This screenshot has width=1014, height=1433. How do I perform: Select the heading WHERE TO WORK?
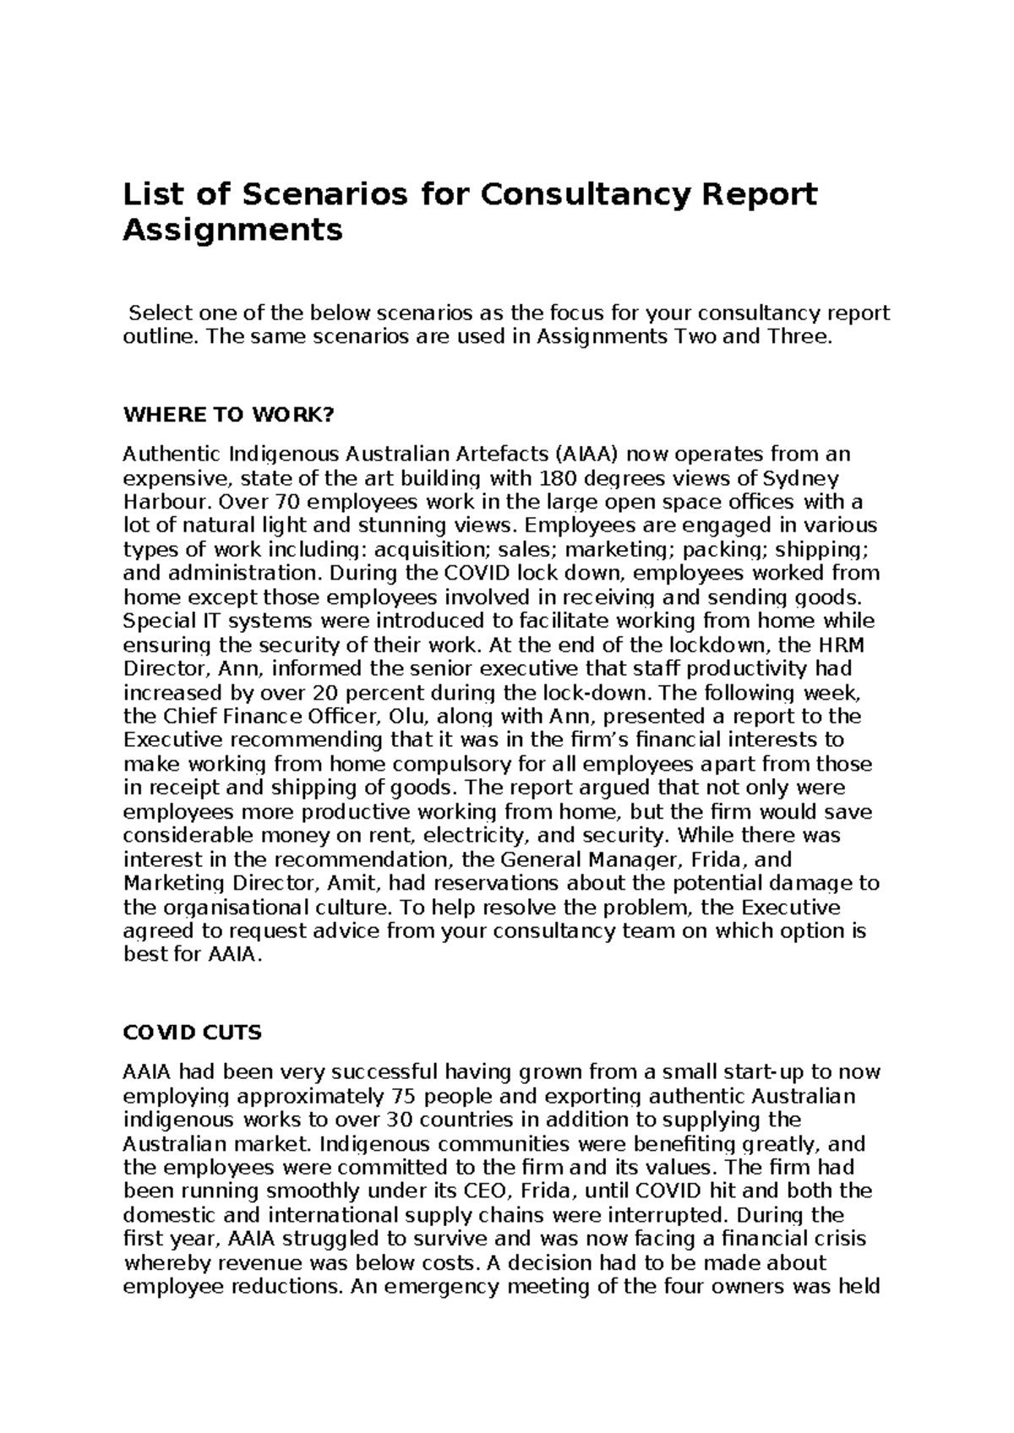pyautogui.click(x=229, y=415)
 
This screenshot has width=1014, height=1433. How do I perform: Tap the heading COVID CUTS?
pyautogui.click(x=193, y=1033)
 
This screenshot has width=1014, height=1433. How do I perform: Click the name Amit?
pyautogui.click(x=356, y=883)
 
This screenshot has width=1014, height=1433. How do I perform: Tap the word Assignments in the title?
pyautogui.click(x=233, y=231)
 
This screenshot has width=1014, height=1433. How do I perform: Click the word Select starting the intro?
pyautogui.click(x=160, y=313)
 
